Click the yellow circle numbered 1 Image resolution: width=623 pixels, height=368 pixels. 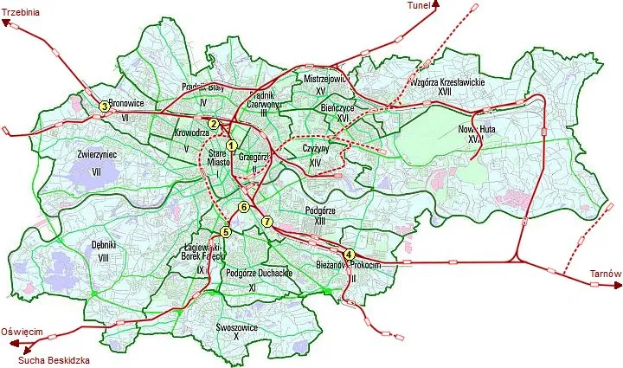coord(231,145)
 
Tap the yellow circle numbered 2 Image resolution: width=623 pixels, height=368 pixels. coord(213,124)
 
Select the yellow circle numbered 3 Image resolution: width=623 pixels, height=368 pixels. coord(104,107)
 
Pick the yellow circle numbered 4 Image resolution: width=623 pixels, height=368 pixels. coord(349,254)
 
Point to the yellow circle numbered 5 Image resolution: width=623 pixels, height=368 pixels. coord(226,231)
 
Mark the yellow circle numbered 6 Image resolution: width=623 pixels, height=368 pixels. coord(244,208)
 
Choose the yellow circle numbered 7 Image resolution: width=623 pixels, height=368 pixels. coord(267,223)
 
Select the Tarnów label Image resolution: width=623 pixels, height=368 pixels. coord(605,274)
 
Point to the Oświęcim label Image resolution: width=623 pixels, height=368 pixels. coord(22,332)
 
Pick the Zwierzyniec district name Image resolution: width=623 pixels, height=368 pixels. coord(97,154)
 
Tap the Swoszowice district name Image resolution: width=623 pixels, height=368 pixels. coord(236,328)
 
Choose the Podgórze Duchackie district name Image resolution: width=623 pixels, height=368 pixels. coord(258,273)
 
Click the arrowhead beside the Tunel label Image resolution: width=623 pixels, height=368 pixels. coord(436,4)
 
